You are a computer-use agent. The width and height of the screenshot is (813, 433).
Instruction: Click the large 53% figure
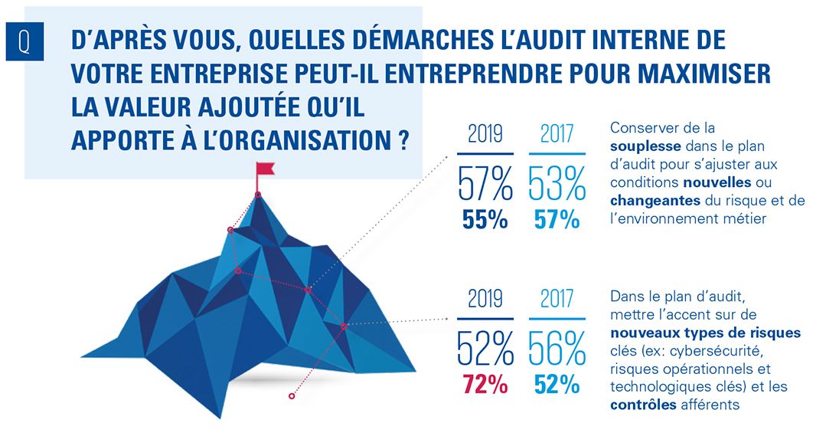[557, 185]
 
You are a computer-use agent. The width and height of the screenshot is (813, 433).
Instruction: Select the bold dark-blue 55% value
[485, 220]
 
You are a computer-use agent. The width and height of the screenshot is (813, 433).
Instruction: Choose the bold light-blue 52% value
[557, 383]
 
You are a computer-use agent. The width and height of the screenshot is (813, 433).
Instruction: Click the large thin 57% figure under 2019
[485, 185]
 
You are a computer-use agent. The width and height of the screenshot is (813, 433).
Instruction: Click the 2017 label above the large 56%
[557, 298]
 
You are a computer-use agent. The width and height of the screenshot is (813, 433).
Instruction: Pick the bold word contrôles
[643, 405]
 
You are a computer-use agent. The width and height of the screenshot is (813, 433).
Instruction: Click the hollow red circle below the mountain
[291, 396]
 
